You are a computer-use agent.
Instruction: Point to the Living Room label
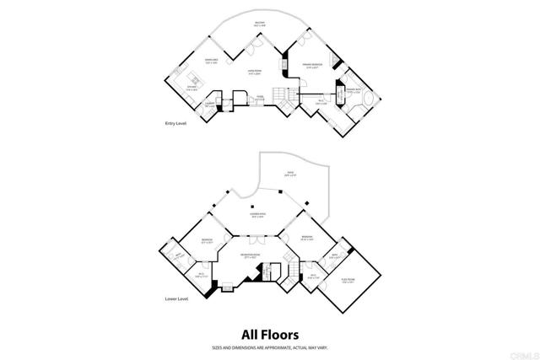[x=253, y=73]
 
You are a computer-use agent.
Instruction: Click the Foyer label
[x=261, y=98]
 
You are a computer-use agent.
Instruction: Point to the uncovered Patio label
[x=289, y=175]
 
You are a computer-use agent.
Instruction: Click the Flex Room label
[x=348, y=282]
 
